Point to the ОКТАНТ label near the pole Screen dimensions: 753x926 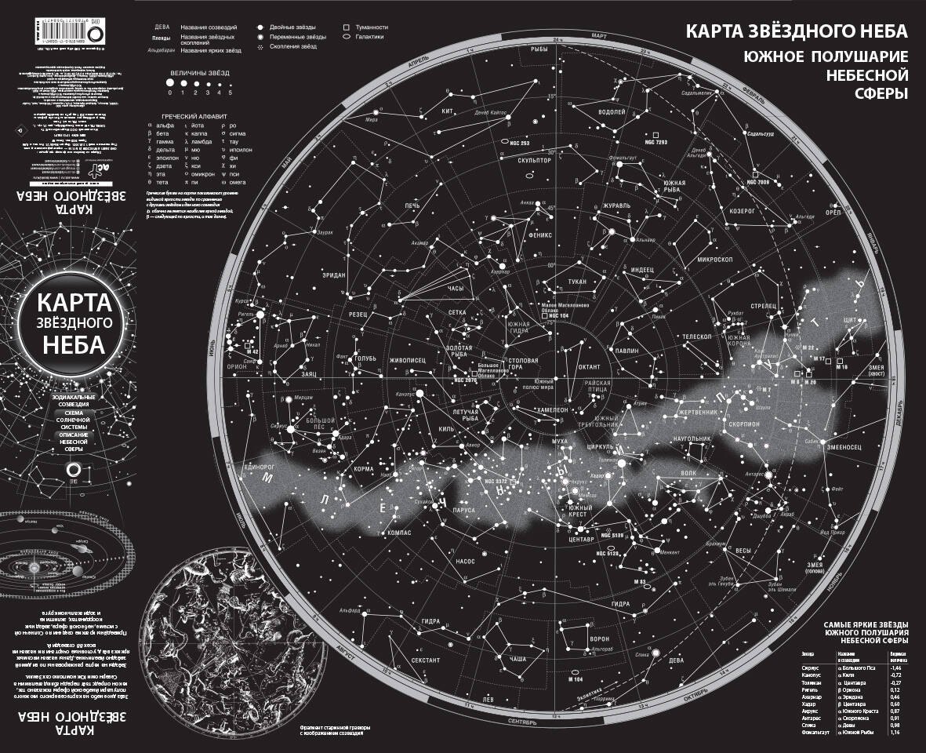590,366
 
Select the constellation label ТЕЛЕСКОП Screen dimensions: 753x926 696,336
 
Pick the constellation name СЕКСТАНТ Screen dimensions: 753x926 426,660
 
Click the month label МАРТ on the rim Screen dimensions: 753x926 600,36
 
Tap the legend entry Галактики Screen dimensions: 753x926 369,37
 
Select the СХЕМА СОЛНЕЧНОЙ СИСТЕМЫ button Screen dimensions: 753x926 73,418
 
